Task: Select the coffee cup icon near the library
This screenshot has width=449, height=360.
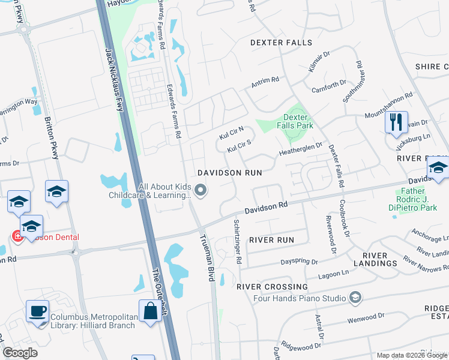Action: pyautogui.click(x=38, y=311)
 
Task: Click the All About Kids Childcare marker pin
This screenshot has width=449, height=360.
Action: pyautogui.click(x=201, y=191)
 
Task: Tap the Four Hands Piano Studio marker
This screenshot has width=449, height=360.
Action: pyautogui.click(x=355, y=298)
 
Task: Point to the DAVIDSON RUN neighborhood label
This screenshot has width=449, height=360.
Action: pyautogui.click(x=230, y=172)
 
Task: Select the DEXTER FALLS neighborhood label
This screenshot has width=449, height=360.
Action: pyautogui.click(x=281, y=43)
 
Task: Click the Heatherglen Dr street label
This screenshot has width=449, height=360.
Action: pyautogui.click(x=301, y=149)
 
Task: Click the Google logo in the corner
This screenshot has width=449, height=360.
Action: pyautogui.click(x=20, y=353)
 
